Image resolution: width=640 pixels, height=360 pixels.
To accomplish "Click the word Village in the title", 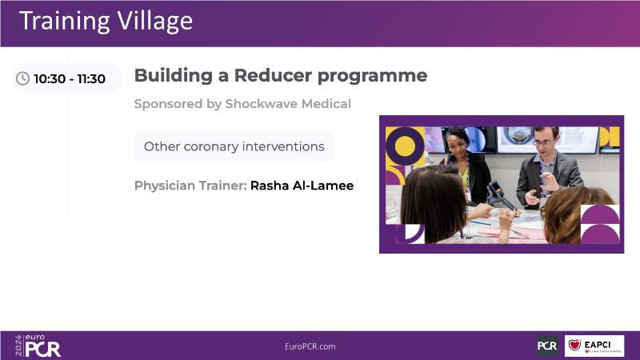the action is coord(155,22).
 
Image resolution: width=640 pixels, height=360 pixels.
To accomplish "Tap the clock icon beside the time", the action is coord(22,78).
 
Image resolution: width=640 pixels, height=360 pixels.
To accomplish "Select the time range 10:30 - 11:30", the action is coord(70,78).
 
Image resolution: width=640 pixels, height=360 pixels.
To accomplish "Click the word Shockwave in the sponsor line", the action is coord(262,104).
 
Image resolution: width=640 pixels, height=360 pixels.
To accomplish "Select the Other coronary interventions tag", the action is coord(234,146).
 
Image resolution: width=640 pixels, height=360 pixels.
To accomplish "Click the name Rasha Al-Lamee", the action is coord(302,186).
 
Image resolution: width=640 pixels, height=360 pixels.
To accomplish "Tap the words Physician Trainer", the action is coord(190,186).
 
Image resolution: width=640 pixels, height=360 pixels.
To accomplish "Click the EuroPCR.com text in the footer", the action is coord(310,346).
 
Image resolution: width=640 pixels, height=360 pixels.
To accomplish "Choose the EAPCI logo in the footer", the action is coord(594,346).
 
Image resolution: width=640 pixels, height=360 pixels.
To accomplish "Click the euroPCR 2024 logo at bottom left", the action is coord(38,346).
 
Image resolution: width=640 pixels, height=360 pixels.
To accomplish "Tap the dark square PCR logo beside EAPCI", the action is coord(548,346).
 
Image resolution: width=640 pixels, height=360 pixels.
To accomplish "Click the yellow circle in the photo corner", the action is coord(405,146).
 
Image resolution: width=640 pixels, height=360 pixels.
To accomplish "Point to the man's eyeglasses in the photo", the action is coord(542,143).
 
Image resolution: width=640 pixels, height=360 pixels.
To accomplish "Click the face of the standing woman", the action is coord(458,144).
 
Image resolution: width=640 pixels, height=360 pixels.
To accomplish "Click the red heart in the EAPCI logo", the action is coord(574,345).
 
